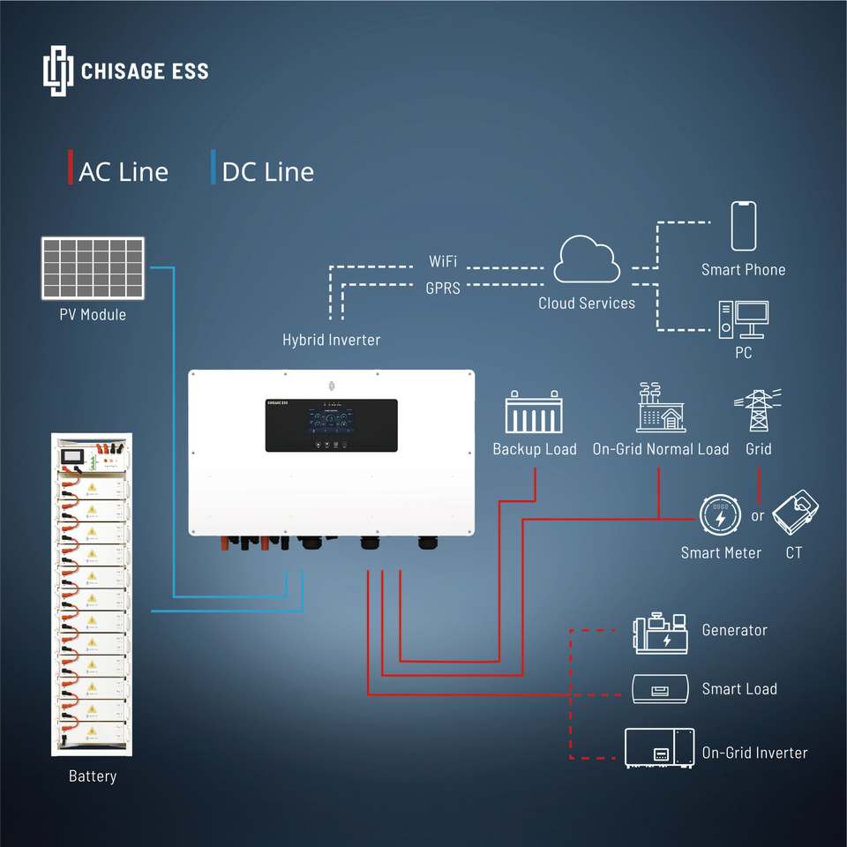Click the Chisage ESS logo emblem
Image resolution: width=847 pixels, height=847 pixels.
[x=57, y=71]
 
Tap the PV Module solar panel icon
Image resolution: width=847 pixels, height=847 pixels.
[x=92, y=267]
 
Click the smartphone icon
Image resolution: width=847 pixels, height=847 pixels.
[x=743, y=226]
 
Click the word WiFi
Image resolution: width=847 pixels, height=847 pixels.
[x=443, y=262]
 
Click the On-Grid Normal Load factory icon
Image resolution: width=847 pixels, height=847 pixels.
[x=661, y=408]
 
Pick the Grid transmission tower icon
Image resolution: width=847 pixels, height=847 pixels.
[x=757, y=409]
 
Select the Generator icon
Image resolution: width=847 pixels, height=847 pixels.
[x=661, y=633]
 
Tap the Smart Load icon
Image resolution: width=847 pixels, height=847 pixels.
[x=661, y=688]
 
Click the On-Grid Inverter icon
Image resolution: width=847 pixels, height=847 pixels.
[x=659, y=748]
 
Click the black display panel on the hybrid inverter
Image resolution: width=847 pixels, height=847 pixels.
[x=331, y=425]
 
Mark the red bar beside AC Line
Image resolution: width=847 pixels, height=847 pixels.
[x=71, y=168]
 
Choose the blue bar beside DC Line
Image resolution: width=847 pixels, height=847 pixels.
[x=213, y=168]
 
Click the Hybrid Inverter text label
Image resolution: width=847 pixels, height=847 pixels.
[x=331, y=339]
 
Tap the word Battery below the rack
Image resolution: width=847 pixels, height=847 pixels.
[x=93, y=776]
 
